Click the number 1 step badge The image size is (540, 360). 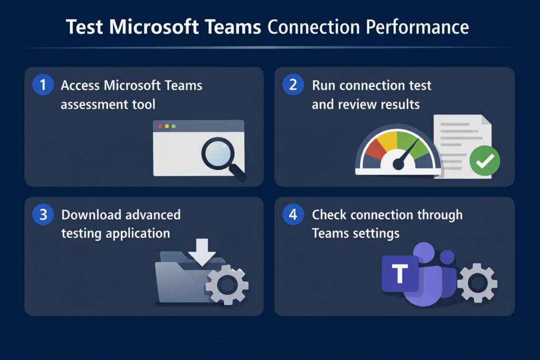tap(43, 85)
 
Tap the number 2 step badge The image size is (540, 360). tap(293, 85)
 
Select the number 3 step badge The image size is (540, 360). tap(43, 215)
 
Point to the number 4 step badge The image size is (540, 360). tap(293, 215)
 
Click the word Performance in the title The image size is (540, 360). tap(417, 27)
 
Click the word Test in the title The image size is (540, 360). tap(84, 27)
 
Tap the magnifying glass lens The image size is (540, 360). tap(218, 153)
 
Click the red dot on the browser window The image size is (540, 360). tap(160, 127)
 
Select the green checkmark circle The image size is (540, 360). tap(485, 161)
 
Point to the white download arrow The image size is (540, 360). tap(202, 252)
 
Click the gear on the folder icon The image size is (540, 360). tap(227, 285)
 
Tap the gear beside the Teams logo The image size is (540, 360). tap(477, 283)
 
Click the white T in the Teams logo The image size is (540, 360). tap(400, 273)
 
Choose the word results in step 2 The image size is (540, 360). tap(399, 104)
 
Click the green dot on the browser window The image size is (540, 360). tap(173, 127)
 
